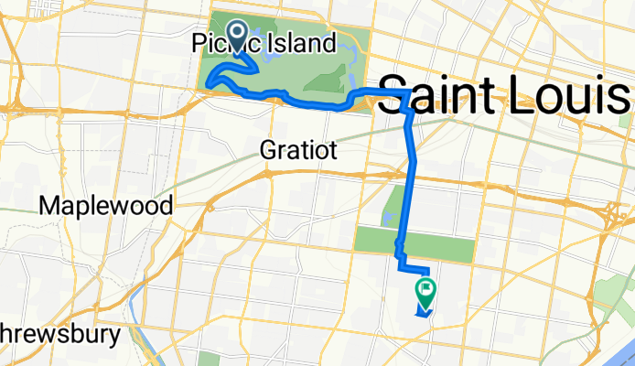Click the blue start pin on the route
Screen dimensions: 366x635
(237, 38)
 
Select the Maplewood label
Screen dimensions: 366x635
(106, 206)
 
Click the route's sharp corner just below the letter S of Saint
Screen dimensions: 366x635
(406, 110)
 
